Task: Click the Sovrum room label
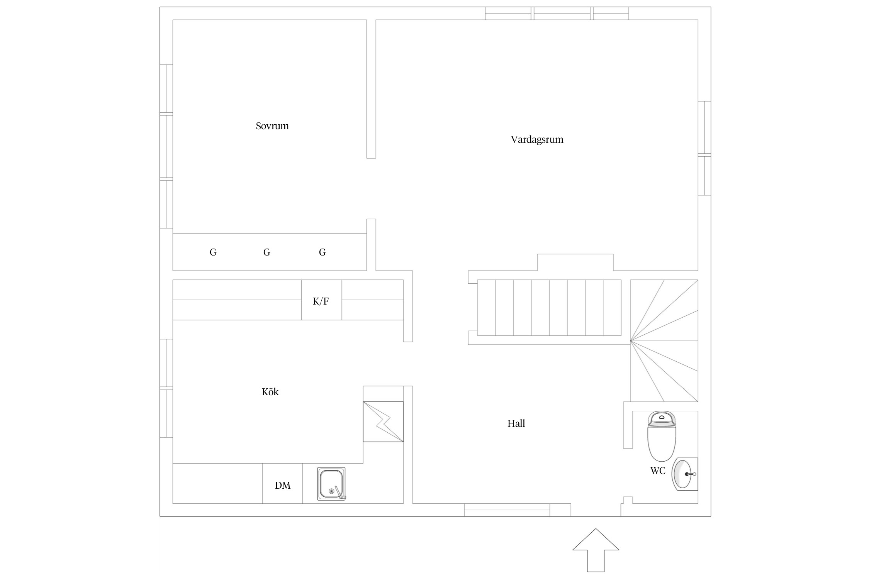pos(272,126)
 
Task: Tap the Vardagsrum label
pos(537,139)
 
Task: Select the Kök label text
pos(270,392)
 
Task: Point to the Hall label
pos(516,423)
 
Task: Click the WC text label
pos(658,471)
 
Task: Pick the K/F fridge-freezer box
pos(321,300)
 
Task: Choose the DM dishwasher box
pos(282,483)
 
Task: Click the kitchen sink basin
pos(331,484)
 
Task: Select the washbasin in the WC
pos(685,474)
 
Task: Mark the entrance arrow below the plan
pos(596,550)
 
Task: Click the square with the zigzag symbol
pos(383,422)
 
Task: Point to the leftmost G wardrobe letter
pos(213,252)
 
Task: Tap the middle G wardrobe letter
pos(266,252)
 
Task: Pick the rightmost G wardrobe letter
pos(322,252)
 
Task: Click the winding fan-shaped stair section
pos(664,340)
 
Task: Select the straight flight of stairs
pos(549,308)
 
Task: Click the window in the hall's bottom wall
pos(507,510)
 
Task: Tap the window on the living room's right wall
pos(704,148)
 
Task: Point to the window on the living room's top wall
pos(557,13)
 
